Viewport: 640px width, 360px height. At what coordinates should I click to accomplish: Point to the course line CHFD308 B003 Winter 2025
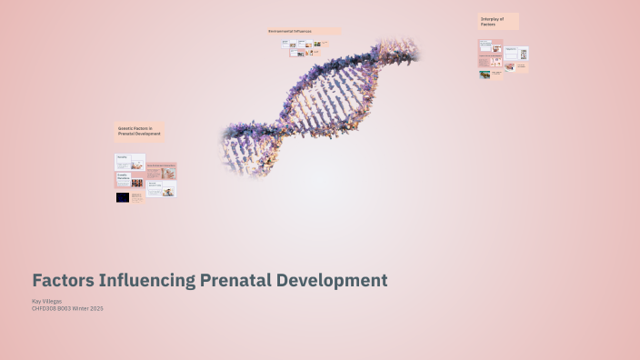(x=67, y=308)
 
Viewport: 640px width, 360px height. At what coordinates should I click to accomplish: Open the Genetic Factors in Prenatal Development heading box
(x=139, y=132)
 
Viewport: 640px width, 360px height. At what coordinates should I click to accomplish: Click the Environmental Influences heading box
(x=304, y=31)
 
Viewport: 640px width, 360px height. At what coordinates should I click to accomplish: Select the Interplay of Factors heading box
(x=498, y=21)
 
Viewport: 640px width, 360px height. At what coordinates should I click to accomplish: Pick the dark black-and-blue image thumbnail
(x=122, y=197)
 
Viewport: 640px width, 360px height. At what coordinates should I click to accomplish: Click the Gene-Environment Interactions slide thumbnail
(x=162, y=171)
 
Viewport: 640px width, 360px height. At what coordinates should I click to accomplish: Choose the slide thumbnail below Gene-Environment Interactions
(x=162, y=188)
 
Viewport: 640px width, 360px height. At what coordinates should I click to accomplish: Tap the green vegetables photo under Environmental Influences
(x=316, y=43)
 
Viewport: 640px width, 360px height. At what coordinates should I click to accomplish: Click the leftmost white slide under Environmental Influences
(x=285, y=43)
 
